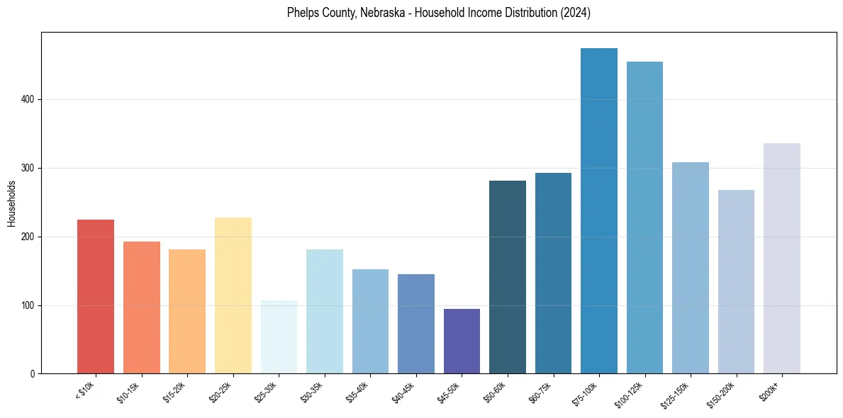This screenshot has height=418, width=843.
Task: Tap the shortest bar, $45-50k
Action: pos(462,341)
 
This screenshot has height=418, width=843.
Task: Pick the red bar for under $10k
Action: pos(96,297)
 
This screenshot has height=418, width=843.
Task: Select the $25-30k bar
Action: pos(279,337)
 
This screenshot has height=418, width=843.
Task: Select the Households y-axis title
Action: pos(12,203)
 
